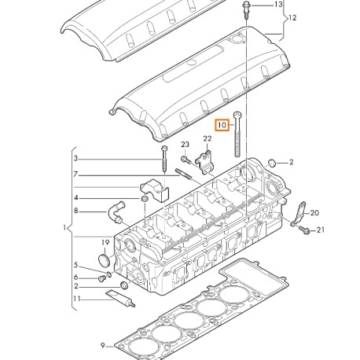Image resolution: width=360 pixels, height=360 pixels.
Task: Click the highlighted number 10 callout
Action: (222, 125)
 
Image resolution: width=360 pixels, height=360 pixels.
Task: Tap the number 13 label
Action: (278, 5)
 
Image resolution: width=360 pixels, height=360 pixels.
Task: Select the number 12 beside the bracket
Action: (292, 18)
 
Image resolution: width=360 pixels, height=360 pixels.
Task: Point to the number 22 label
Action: (208, 138)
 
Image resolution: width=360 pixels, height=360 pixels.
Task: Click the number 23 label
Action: (185, 145)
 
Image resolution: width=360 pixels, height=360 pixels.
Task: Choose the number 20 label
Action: (314, 213)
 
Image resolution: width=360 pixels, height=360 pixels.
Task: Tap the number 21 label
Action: (321, 230)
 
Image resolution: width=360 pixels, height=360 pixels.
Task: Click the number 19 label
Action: (105, 243)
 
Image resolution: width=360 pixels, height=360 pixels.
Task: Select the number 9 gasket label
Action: (103, 346)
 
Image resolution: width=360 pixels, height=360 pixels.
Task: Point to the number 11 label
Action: (77, 299)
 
